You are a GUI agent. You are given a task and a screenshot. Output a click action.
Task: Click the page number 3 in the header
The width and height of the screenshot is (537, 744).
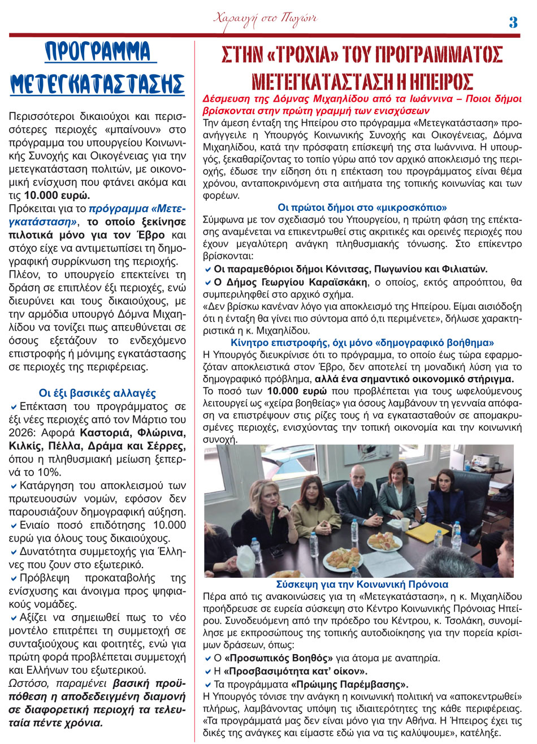513,22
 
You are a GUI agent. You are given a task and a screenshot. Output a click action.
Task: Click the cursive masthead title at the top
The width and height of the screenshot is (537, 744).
265,19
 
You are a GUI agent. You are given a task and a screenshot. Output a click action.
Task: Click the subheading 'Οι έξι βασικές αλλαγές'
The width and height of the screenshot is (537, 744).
97,393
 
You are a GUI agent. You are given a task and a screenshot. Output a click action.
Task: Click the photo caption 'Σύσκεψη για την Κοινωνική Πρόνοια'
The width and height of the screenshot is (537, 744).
362,585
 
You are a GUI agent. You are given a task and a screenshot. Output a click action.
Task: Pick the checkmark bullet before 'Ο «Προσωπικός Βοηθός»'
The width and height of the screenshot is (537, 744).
208,659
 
